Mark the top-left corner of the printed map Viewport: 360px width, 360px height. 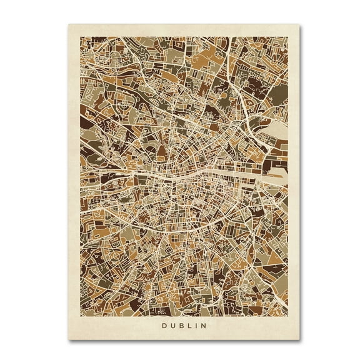78,36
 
